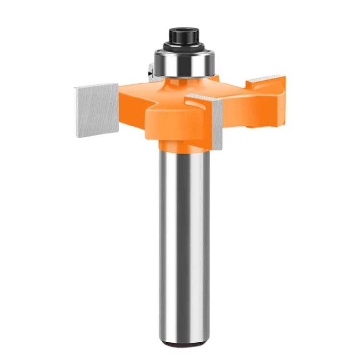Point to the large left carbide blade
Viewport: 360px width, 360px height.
coord(96,110)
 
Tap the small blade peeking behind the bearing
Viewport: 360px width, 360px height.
coord(150,72)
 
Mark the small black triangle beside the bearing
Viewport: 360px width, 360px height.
coord(150,75)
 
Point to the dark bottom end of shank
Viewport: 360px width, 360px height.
coord(185,344)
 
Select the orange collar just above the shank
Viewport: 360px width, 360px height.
coord(185,144)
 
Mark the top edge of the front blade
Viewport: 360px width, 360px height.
coord(204,97)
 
